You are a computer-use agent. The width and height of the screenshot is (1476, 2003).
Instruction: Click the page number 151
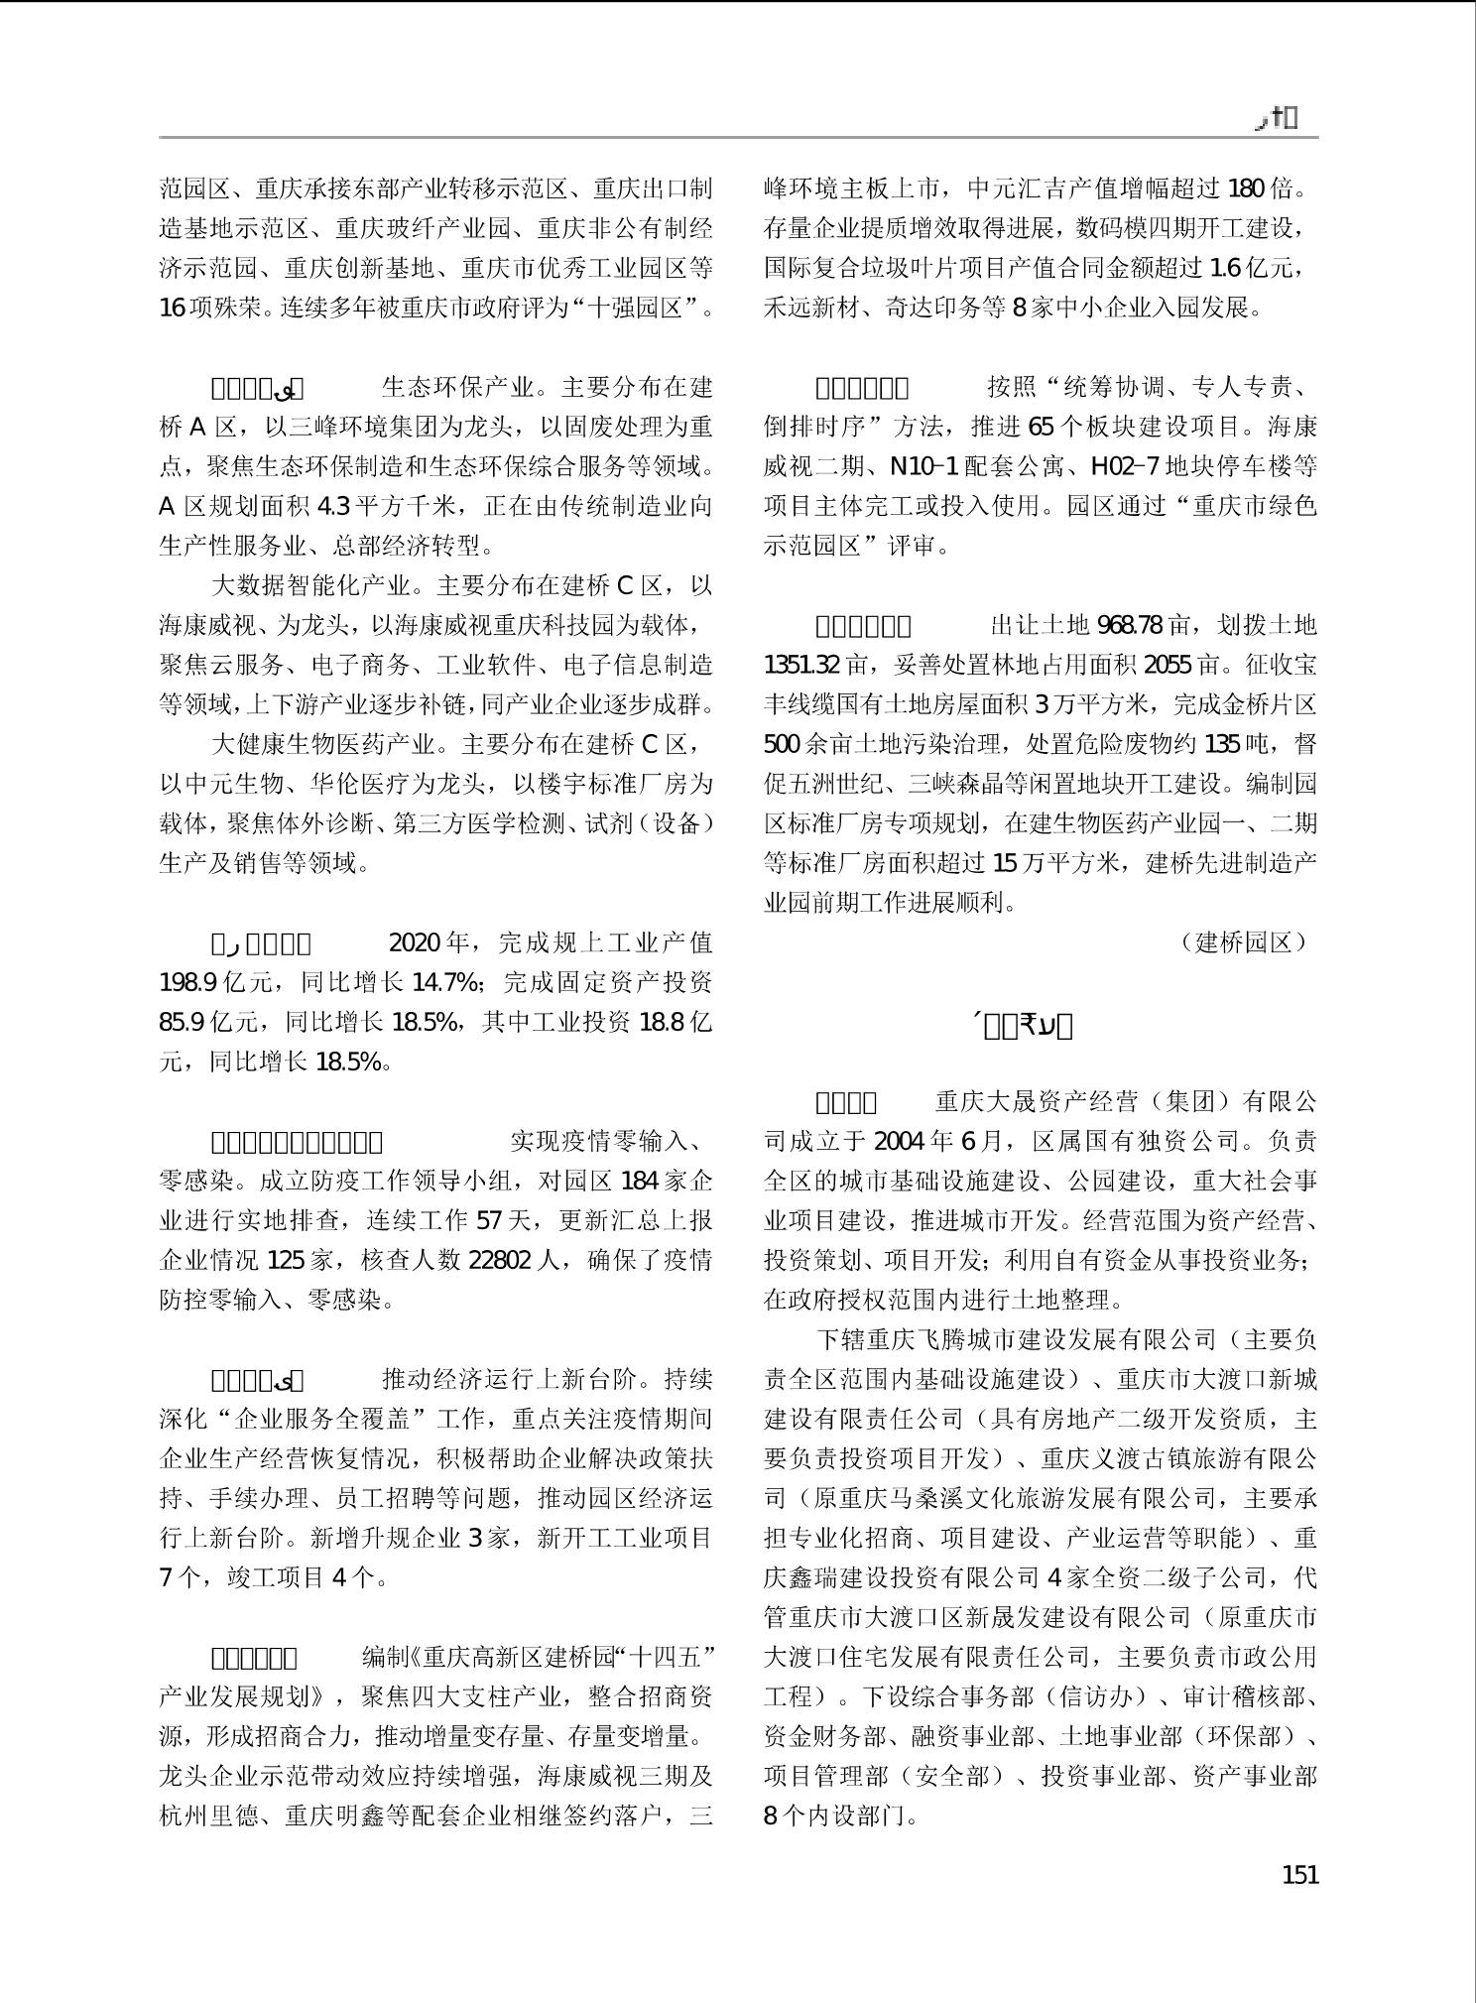[x=1299, y=1874]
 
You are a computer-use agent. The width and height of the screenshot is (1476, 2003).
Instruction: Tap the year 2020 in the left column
[x=413, y=942]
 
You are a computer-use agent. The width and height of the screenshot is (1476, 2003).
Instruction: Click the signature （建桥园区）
[x=1244, y=942]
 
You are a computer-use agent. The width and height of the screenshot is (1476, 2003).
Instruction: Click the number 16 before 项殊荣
[x=172, y=308]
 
